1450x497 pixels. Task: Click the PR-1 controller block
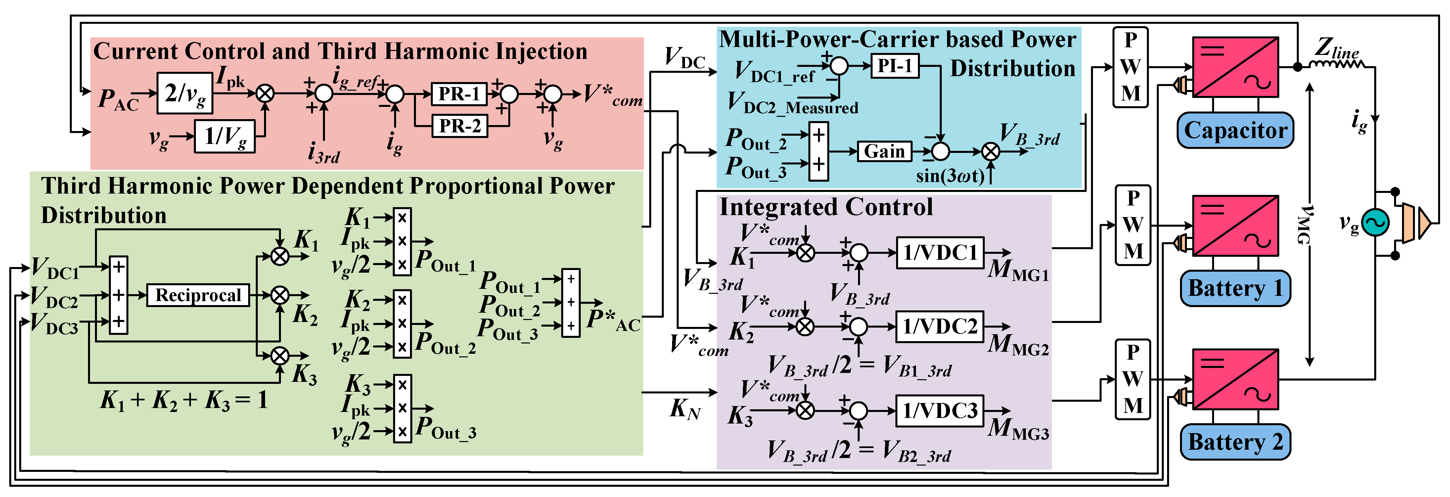click(459, 93)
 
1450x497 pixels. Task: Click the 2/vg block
click(185, 93)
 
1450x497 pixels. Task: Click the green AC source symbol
click(1375, 223)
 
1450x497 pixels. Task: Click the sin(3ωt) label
click(950, 176)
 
